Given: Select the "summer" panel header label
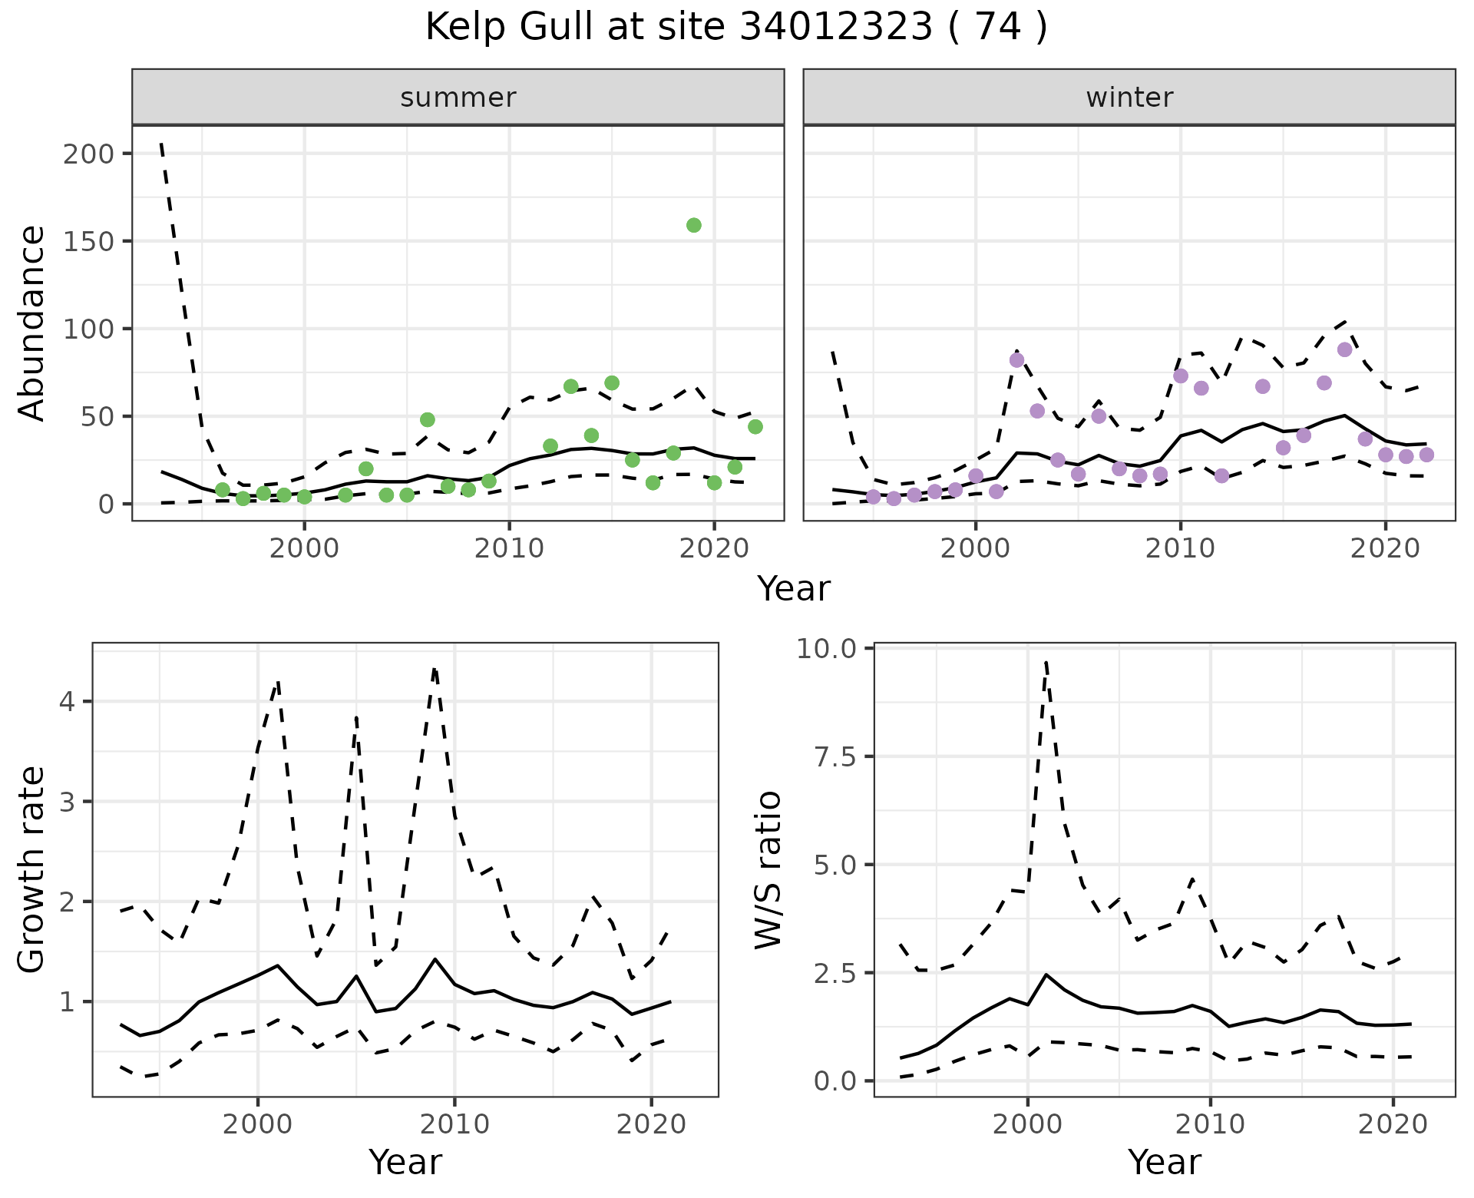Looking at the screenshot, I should click(x=458, y=98).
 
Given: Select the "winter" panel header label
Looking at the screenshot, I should click(x=1129, y=98).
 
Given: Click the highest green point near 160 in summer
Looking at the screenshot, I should click(x=694, y=225).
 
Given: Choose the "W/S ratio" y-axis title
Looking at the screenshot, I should click(x=768, y=870).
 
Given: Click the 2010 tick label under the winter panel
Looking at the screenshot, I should click(x=1181, y=549).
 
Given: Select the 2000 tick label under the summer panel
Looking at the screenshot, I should click(x=305, y=549).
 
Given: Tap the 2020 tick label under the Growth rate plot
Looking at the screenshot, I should click(x=651, y=1125).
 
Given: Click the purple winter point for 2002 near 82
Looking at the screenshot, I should click(x=1017, y=360).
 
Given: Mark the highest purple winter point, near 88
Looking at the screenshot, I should click(x=1344, y=349).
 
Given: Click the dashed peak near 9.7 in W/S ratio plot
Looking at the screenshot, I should click(x=1046, y=661).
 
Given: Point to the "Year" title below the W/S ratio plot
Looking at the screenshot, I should click(x=1164, y=1162).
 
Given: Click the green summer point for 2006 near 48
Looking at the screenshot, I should click(x=428, y=419).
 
